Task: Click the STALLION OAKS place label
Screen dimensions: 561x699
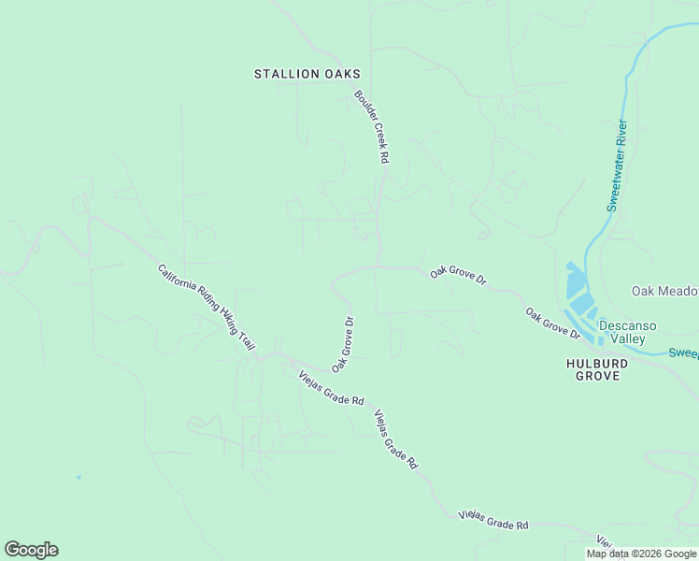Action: [x=307, y=74]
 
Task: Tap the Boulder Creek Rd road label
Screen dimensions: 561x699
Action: [x=371, y=126]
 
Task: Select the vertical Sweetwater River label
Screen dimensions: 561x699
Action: [x=617, y=165]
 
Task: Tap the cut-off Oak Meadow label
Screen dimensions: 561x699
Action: [x=664, y=292]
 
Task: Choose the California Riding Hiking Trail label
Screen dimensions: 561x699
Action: [x=207, y=308]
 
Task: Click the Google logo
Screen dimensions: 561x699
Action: [x=31, y=550]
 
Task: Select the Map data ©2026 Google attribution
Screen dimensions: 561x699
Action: [x=642, y=554]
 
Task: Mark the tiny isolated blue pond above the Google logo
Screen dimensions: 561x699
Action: [x=78, y=477]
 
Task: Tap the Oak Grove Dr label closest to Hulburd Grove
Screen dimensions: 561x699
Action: [x=553, y=323]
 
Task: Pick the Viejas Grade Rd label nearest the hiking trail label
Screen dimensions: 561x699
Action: [x=331, y=387]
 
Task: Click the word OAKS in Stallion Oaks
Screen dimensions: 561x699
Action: [x=340, y=74]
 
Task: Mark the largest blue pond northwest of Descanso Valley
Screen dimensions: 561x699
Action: [x=576, y=281]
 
